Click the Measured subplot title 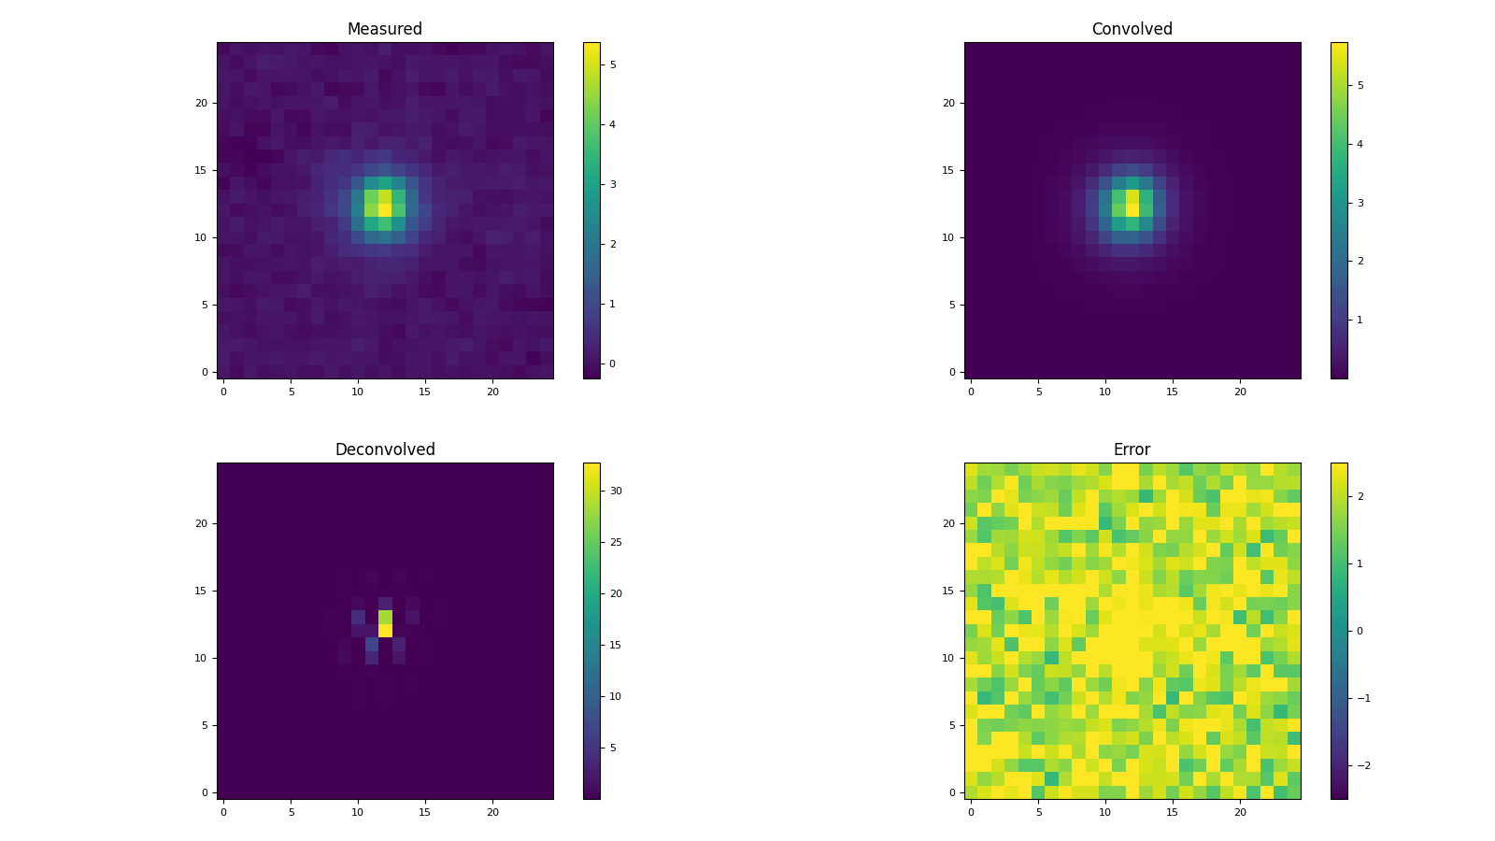[384, 29]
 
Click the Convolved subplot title [1132, 29]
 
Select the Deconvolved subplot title [384, 449]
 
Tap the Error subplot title [1132, 449]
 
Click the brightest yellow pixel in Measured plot [384, 210]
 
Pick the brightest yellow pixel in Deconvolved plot [384, 631]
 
